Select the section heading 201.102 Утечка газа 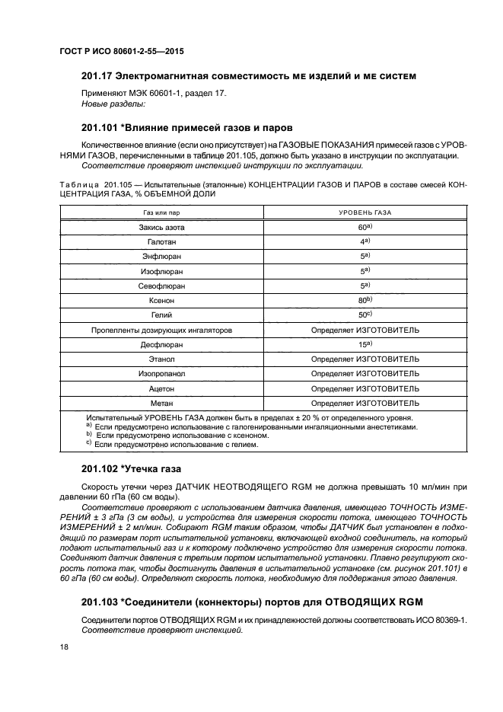pos(131,468)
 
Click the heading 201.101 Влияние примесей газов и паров pos(186,127)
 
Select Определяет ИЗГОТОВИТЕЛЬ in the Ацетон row pos(365,388)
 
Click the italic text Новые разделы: pos(113,104)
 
